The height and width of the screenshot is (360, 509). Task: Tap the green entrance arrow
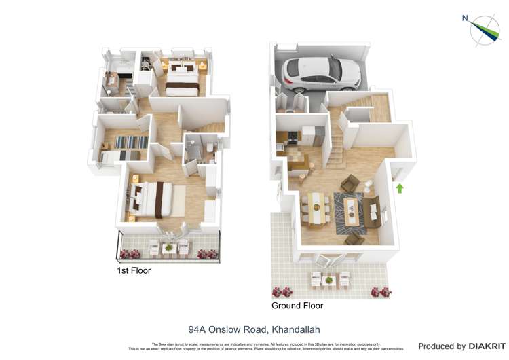(400, 188)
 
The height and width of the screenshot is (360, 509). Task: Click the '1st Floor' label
(134, 270)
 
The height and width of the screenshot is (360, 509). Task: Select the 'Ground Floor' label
(297, 306)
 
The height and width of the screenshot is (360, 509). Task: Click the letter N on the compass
(465, 18)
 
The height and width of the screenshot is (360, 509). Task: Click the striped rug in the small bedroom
(130, 142)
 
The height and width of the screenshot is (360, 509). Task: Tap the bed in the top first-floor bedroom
(183, 79)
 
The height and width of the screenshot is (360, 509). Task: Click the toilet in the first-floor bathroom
(210, 149)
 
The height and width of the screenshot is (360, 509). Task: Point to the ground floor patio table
(329, 279)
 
